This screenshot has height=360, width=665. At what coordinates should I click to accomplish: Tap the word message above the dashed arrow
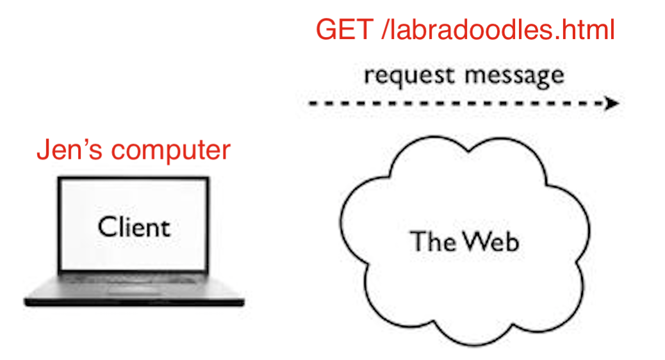coord(514,76)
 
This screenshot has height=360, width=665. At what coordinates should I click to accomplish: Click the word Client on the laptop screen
coord(134,227)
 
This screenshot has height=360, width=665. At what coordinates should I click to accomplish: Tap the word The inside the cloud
coord(432,241)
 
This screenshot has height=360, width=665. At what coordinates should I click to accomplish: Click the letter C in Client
coord(107,227)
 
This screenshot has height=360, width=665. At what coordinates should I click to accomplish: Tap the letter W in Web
coord(475,241)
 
